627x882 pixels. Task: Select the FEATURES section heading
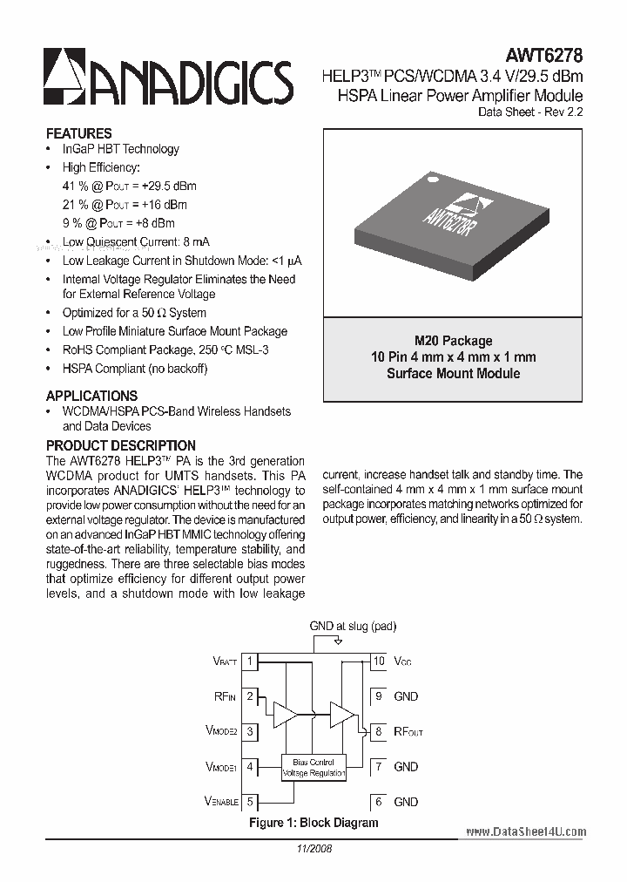pos(79,133)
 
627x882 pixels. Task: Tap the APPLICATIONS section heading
pos(91,395)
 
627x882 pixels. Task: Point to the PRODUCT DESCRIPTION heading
pos(120,445)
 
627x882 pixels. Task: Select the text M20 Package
pos(453,341)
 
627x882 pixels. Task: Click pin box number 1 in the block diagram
pos(250,661)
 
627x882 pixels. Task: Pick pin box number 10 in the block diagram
pos(379,661)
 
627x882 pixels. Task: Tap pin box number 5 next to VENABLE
pos(250,802)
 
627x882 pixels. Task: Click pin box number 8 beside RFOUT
pos(379,732)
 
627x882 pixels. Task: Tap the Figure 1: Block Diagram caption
pos(313,823)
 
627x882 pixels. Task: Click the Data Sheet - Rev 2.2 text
pos(530,112)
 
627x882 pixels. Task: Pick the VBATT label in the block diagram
pos(225,662)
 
